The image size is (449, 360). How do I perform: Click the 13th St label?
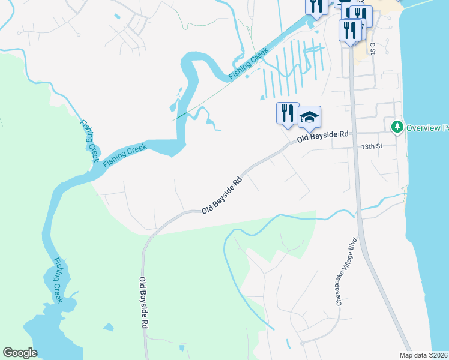(x=372, y=146)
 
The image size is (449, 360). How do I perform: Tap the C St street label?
(x=372, y=48)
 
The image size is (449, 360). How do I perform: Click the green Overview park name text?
(x=427, y=128)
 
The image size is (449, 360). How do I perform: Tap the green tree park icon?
(x=396, y=127)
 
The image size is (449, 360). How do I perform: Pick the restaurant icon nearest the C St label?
(x=350, y=30)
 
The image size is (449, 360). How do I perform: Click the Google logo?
(x=20, y=352)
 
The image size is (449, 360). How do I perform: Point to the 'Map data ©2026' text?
(x=423, y=355)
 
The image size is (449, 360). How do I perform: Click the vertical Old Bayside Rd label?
(x=143, y=303)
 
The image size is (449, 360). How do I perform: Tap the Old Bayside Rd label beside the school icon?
(x=323, y=137)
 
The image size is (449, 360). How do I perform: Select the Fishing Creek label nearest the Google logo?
(x=58, y=280)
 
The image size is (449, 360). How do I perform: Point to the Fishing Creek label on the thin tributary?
(x=88, y=140)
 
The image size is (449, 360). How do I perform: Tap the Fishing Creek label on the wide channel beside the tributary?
(x=125, y=155)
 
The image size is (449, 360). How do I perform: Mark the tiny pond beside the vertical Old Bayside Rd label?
(x=181, y=348)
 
